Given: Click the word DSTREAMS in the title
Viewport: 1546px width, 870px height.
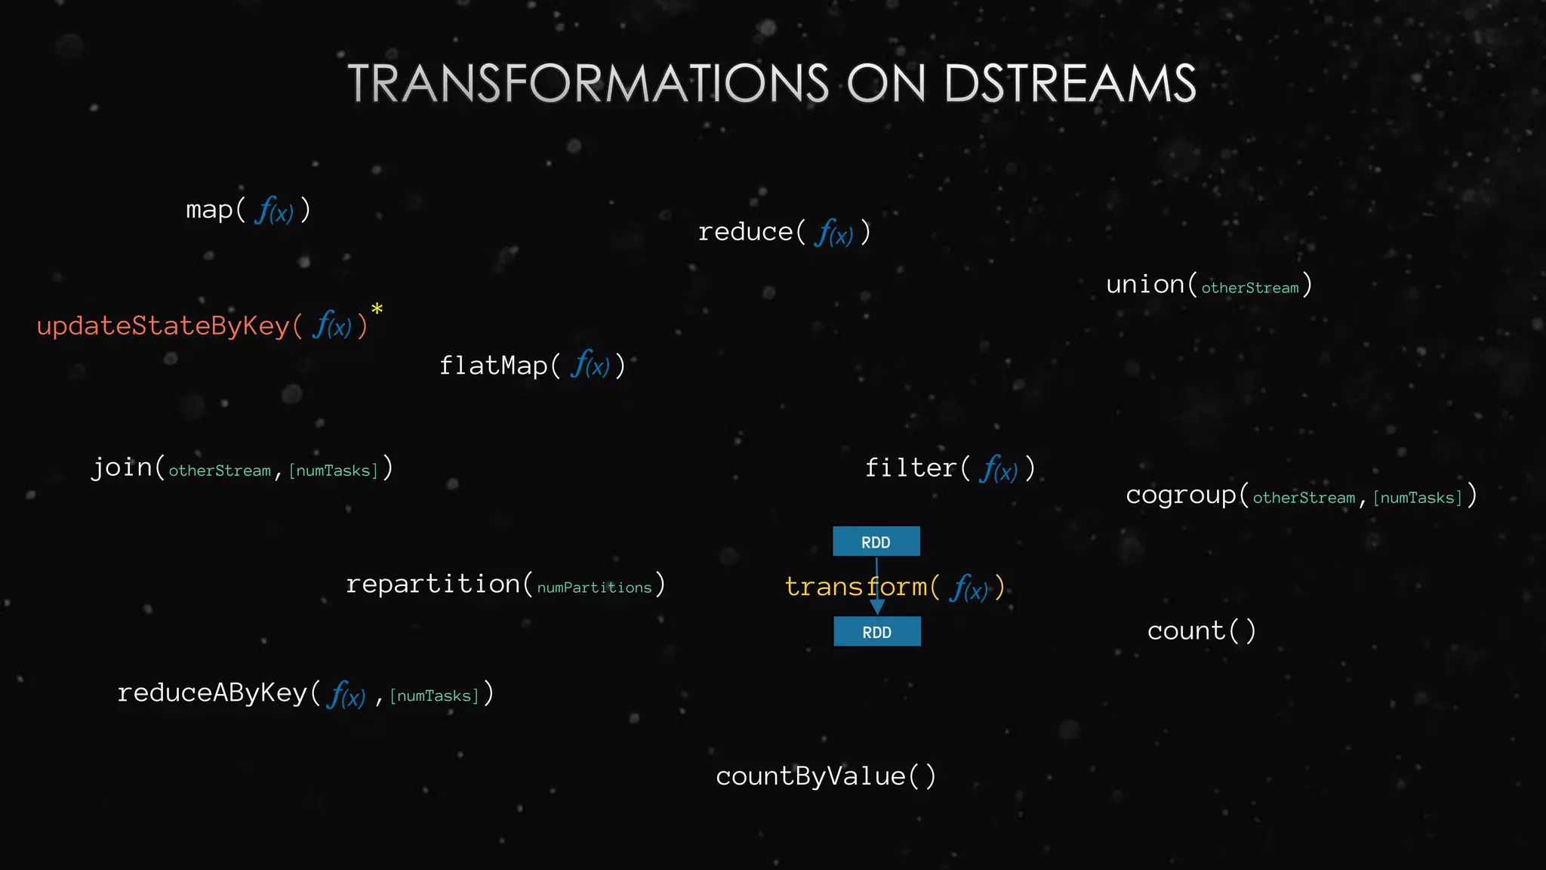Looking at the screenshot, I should [1070, 83].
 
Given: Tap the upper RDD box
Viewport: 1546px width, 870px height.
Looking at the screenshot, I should [876, 541].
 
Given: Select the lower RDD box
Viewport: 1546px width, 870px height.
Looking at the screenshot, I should [876, 631].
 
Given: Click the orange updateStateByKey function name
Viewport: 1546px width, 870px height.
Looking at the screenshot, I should [162, 326].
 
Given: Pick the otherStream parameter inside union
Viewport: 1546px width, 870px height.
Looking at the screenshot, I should [1250, 288].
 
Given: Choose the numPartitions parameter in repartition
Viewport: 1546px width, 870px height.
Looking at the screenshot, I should [594, 588].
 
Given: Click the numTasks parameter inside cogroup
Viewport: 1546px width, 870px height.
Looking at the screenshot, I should [1418, 498].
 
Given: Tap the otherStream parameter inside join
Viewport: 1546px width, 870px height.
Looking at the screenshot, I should [220, 470].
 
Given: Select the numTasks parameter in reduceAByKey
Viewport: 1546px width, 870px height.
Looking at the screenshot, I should [434, 696].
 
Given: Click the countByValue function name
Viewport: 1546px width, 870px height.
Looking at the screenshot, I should [810, 776].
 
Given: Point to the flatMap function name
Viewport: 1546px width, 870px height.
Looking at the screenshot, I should [493, 366].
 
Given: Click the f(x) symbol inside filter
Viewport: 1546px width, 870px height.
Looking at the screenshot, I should [998, 470].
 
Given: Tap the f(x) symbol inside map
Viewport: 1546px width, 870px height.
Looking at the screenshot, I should [274, 211].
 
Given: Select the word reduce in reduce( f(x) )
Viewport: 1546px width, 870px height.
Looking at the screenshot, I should [745, 232].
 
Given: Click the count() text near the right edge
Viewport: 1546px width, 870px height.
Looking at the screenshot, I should [1201, 631].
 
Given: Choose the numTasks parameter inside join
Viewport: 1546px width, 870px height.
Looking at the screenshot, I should [333, 470].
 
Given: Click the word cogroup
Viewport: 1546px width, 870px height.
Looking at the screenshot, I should [1181, 495].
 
